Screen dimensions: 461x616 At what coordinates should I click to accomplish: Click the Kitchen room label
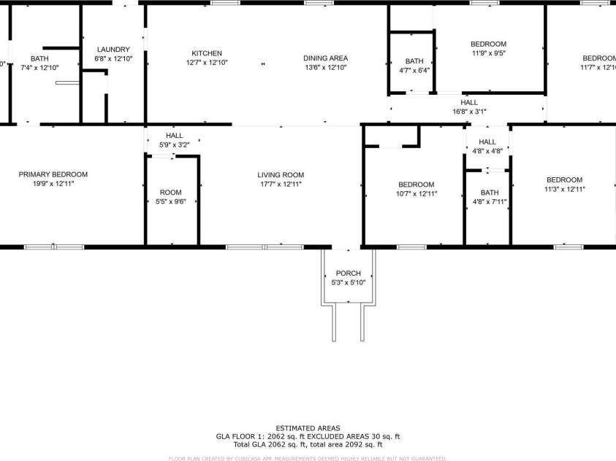[x=207, y=53]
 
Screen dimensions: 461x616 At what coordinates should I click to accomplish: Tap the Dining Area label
[x=325, y=58]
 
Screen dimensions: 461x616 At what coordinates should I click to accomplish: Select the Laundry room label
[x=113, y=50]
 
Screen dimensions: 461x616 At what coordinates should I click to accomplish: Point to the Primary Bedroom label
[x=53, y=174]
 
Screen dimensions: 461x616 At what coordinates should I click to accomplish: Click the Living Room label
[x=281, y=175]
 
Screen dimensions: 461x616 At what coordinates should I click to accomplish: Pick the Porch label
[x=348, y=274]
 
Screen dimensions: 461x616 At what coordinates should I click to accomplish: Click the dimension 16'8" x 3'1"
[x=469, y=112]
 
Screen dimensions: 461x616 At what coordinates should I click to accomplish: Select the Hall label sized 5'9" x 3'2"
[x=175, y=136]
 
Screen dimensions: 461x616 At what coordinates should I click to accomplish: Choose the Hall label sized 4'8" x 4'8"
[x=487, y=142]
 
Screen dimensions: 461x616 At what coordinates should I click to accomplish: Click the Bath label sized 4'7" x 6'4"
[x=414, y=61]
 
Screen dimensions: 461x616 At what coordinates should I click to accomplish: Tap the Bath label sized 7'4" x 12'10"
[x=39, y=58]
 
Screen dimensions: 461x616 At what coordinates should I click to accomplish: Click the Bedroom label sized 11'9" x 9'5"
[x=489, y=44]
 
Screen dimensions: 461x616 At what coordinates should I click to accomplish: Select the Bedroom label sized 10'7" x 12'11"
[x=416, y=185]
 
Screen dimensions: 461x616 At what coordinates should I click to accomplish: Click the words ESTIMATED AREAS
[x=308, y=428]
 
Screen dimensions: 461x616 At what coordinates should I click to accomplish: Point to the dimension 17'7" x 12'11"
[x=281, y=185]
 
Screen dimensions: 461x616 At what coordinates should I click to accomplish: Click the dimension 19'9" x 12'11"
[x=53, y=184]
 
